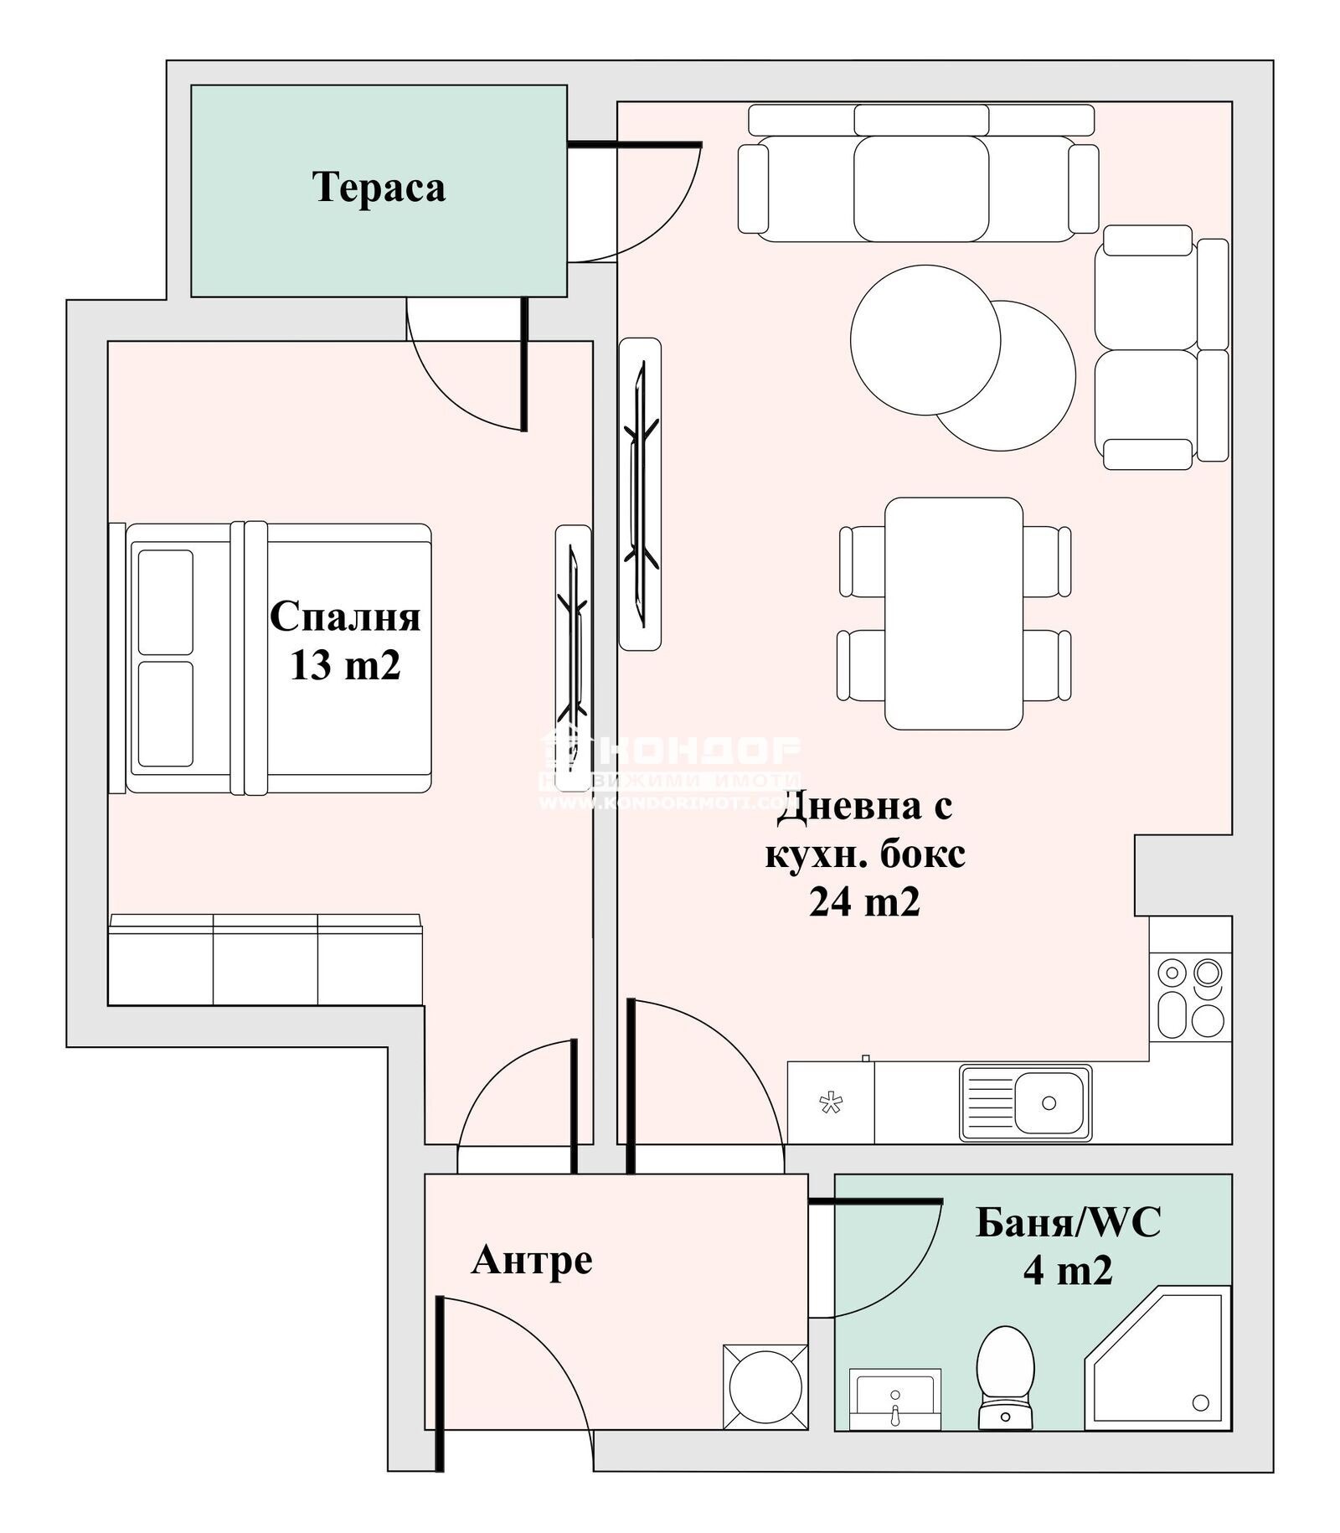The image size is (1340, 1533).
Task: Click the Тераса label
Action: (379, 187)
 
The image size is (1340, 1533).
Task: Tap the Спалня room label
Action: (345, 617)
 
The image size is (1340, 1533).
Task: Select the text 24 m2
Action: (864, 902)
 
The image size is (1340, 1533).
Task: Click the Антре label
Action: (532, 1259)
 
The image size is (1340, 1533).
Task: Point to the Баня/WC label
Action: (1069, 1223)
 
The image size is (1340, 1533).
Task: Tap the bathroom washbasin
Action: (894, 1398)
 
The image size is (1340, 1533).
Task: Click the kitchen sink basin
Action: (1049, 1103)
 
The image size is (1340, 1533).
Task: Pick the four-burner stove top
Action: (1190, 999)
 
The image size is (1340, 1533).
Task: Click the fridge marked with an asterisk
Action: (830, 1103)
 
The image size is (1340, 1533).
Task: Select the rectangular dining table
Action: (953, 613)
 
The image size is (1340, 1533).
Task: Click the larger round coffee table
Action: (925, 340)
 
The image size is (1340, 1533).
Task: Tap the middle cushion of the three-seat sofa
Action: (920, 188)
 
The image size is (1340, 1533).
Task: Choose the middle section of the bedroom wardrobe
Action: (265, 960)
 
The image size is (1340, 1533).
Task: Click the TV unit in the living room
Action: (640, 494)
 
